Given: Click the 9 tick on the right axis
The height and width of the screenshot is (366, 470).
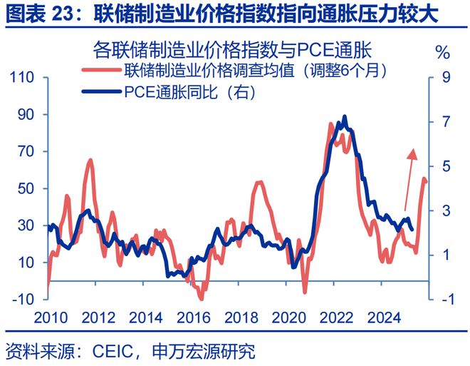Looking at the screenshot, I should pos(445,78).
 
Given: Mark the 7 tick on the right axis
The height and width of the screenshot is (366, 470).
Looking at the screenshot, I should pos(445,122).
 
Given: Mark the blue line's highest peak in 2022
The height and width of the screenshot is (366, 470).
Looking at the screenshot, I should pos(345,116).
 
